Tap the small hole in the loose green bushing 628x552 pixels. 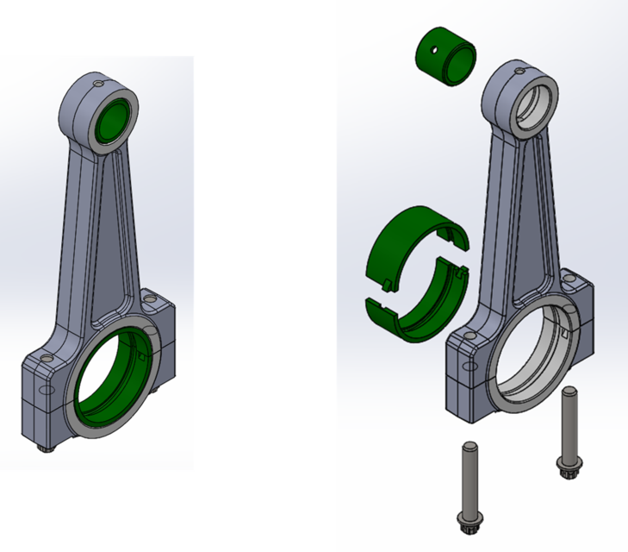click(x=437, y=51)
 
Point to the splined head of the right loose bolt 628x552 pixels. click(x=569, y=461)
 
